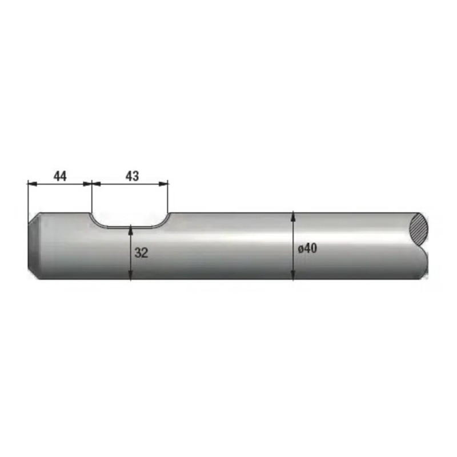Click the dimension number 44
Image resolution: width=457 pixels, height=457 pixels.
click(60, 176)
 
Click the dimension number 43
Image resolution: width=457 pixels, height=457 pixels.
click(133, 176)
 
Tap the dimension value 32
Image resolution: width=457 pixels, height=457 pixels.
click(141, 252)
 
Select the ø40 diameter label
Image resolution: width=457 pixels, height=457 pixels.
click(307, 248)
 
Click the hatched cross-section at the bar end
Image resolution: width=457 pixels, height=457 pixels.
click(419, 229)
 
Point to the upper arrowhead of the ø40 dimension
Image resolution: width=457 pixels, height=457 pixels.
click(293, 217)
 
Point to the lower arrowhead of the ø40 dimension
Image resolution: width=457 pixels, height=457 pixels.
click(293, 275)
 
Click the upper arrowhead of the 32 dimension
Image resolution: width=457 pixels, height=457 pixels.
click(131, 230)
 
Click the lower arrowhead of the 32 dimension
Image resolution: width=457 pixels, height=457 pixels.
click(131, 275)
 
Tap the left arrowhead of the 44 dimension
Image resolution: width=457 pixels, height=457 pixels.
click(32, 183)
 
